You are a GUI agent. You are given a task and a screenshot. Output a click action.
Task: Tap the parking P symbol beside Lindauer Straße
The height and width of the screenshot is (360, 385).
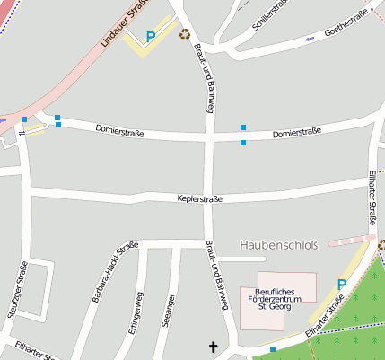[151, 36]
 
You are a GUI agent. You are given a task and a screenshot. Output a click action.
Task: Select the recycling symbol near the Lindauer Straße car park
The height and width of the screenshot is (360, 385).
[185, 34]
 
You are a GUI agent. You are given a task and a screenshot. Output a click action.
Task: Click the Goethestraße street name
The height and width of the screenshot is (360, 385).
[347, 29]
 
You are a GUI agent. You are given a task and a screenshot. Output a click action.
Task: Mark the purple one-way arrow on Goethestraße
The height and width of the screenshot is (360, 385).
[311, 39]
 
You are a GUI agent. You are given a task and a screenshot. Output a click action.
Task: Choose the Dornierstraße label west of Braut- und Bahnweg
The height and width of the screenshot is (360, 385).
[118, 131]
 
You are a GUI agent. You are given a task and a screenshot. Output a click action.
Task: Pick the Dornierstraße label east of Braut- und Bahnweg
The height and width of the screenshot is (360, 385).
[296, 133]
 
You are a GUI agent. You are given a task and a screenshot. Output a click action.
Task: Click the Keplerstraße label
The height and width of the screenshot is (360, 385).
[199, 198]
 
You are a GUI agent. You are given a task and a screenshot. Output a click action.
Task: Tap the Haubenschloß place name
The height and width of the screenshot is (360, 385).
[278, 244]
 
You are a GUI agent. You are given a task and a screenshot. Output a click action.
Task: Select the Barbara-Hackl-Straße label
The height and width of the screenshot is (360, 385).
[115, 271]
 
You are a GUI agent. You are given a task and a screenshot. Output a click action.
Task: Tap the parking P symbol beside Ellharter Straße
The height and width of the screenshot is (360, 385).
[341, 285]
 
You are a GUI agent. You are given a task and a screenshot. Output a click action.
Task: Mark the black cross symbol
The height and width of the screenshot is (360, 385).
[214, 347]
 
